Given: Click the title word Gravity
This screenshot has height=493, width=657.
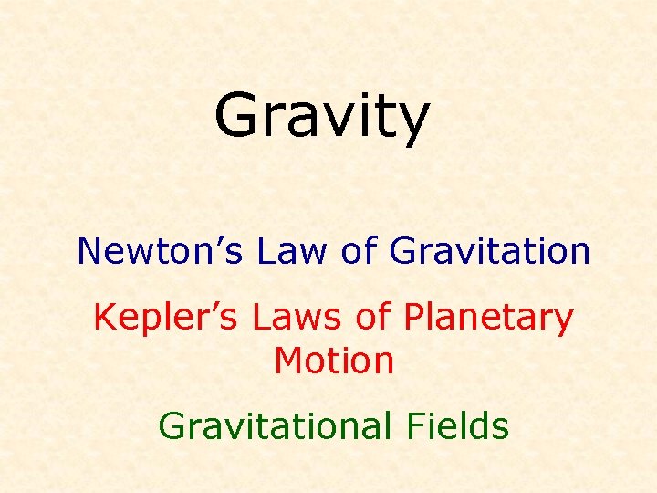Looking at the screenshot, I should point(321,118).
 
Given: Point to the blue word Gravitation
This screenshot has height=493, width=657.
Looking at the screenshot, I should point(490,250).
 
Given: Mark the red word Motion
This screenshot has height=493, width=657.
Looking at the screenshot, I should point(334,362).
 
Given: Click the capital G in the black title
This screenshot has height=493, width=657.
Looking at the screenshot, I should point(238,116).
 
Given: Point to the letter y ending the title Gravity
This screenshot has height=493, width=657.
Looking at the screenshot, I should point(412,124).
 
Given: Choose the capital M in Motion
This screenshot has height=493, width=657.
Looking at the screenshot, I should point(287,362).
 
